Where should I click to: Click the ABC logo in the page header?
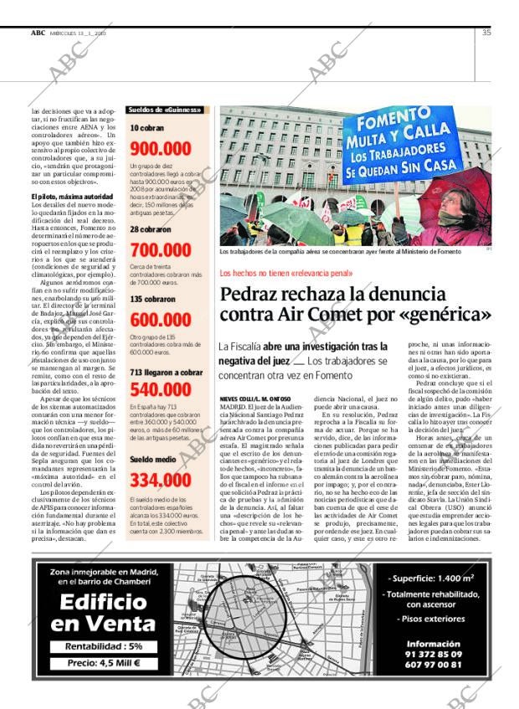point(38,33)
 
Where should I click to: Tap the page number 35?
point(486,33)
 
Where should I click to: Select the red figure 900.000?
point(161,149)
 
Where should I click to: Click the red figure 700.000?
point(161,249)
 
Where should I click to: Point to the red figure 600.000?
point(161,321)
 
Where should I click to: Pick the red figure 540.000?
point(161,389)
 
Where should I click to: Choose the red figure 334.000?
point(161,480)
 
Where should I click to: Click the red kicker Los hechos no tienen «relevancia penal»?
point(285,274)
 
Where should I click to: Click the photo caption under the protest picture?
point(352,251)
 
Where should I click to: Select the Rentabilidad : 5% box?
point(94,646)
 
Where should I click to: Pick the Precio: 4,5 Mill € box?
point(94,663)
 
